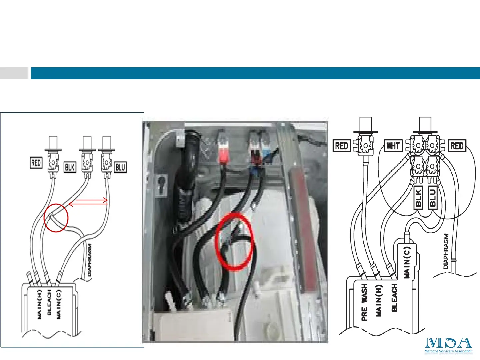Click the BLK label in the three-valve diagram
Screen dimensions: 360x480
(x=70, y=167)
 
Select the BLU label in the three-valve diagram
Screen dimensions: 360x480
(x=120, y=167)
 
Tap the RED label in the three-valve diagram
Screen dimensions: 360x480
(x=36, y=163)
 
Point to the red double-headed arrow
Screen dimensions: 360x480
(x=88, y=201)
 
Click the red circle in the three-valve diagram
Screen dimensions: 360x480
(x=56, y=218)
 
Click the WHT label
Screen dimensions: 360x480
(x=393, y=146)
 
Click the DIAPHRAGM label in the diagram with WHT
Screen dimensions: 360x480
(x=446, y=251)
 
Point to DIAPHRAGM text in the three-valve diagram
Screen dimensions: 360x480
(x=89, y=260)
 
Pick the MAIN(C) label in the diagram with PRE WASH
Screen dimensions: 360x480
(x=407, y=262)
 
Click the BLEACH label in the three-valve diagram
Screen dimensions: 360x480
(x=49, y=302)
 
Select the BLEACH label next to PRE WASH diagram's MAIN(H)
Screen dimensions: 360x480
(x=394, y=298)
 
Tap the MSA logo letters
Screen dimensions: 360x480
(x=448, y=343)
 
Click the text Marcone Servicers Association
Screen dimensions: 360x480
(x=448, y=351)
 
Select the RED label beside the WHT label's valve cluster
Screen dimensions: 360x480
(x=457, y=146)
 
